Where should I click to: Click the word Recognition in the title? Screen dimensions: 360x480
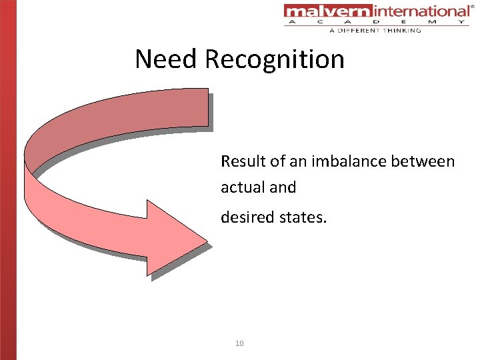(x=275, y=60)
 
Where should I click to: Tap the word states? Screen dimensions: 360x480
(x=304, y=216)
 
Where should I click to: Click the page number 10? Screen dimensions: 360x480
(x=240, y=343)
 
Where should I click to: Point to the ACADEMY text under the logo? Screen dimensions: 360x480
(x=377, y=22)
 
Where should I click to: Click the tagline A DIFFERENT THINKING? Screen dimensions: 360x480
(x=375, y=30)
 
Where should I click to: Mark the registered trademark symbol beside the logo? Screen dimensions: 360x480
(x=473, y=5)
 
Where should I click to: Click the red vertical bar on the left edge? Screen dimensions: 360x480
(x=8, y=180)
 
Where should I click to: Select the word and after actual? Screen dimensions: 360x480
(x=283, y=188)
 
